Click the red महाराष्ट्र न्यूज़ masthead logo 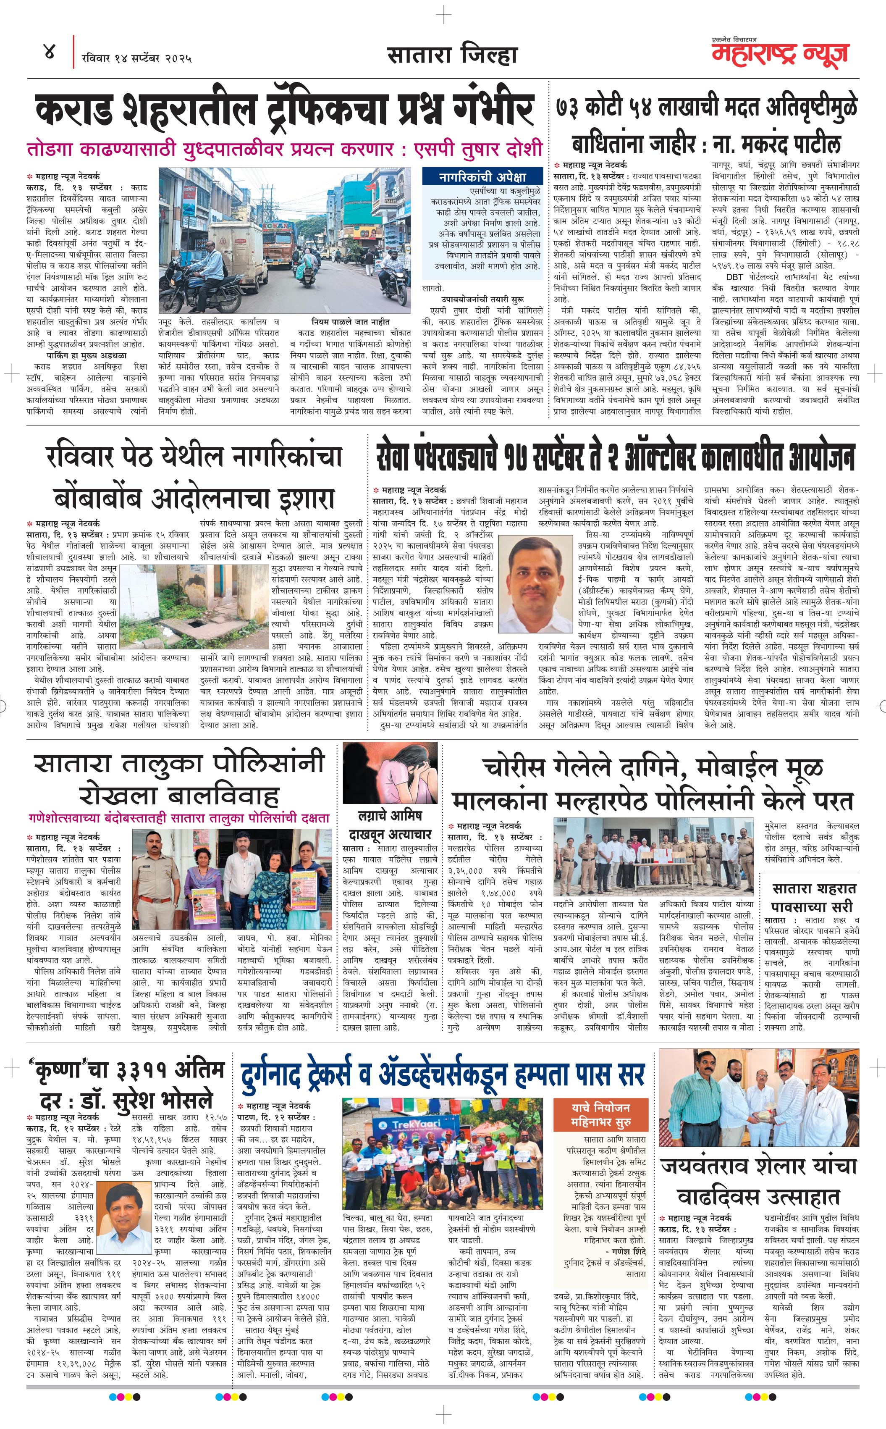(x=779, y=53)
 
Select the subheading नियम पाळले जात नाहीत (x=351, y=322)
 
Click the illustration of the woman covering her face (x=390, y=774)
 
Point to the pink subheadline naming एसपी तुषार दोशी (x=284, y=149)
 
